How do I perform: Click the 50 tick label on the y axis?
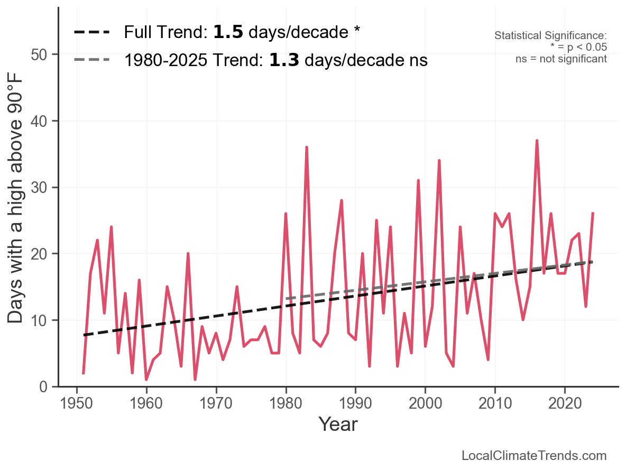(x=40, y=55)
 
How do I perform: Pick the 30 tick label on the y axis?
(x=40, y=188)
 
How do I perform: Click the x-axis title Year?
(x=338, y=425)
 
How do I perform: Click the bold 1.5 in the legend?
(x=228, y=32)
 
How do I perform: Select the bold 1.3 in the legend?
(x=284, y=61)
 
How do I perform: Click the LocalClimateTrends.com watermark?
(x=534, y=456)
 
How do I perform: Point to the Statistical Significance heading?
(x=550, y=36)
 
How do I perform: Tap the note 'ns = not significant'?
(x=561, y=59)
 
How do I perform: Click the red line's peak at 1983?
(x=307, y=148)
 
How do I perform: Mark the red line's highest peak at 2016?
(x=537, y=141)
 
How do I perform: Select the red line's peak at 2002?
(x=439, y=161)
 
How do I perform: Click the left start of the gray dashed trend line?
(x=286, y=299)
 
